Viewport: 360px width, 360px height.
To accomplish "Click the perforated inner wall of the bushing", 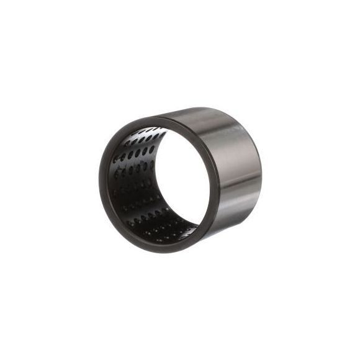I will pos(133,180).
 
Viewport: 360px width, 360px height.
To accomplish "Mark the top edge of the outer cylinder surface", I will pos(205,110).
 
